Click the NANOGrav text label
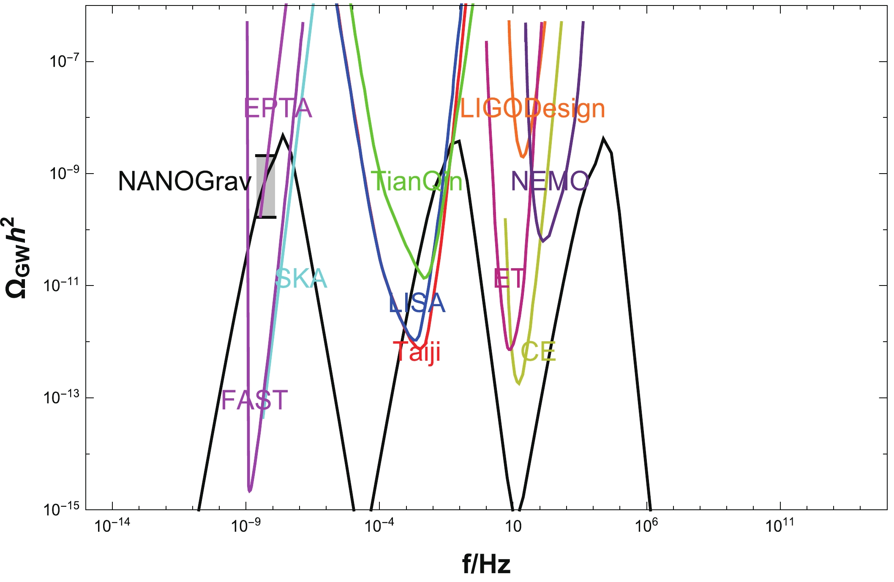point(185,182)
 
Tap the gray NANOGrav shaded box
point(266,186)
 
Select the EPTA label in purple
point(278,108)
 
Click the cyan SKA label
point(301,278)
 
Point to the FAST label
point(254,400)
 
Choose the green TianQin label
point(417,181)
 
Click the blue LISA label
point(417,303)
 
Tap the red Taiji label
point(417,351)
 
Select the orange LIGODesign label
point(532,109)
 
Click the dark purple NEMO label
point(550,181)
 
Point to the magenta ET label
point(509,278)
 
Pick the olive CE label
point(538,352)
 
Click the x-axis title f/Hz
point(486,564)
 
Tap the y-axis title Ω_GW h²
point(17,258)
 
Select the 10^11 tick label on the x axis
point(780,526)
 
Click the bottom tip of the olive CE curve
point(519,384)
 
